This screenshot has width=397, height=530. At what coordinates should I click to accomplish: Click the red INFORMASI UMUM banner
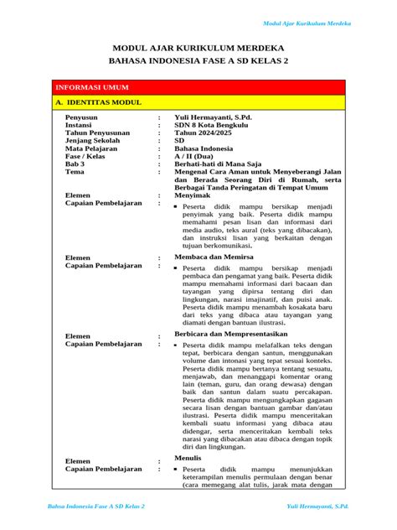pyautogui.click(x=197, y=87)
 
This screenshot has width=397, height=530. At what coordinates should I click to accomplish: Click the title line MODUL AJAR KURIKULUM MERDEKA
pyautogui.click(x=198, y=48)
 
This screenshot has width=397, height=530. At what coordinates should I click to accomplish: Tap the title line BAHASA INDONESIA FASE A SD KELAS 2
pyautogui.click(x=198, y=63)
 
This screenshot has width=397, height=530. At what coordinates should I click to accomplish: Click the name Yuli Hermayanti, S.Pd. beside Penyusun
pyautogui.click(x=213, y=117)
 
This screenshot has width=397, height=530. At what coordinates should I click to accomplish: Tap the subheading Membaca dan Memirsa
pyautogui.click(x=214, y=257)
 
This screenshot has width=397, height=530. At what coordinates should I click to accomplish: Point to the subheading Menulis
pyautogui.click(x=187, y=459)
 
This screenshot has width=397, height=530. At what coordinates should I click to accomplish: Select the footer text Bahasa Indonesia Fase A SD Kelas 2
pyautogui.click(x=95, y=507)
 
